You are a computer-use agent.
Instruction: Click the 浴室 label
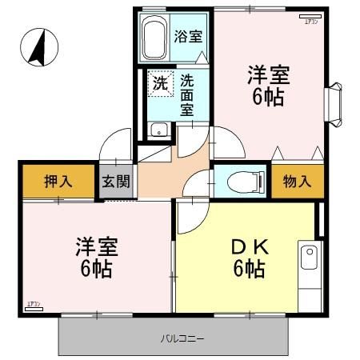click(x=188, y=36)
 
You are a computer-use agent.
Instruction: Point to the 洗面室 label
click(x=186, y=95)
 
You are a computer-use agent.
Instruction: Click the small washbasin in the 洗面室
click(x=158, y=130)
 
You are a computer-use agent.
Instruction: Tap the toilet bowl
click(x=239, y=181)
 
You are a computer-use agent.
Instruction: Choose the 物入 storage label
click(x=297, y=181)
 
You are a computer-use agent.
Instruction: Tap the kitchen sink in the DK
click(x=308, y=258)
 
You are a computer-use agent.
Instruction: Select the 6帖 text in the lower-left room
click(x=94, y=269)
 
